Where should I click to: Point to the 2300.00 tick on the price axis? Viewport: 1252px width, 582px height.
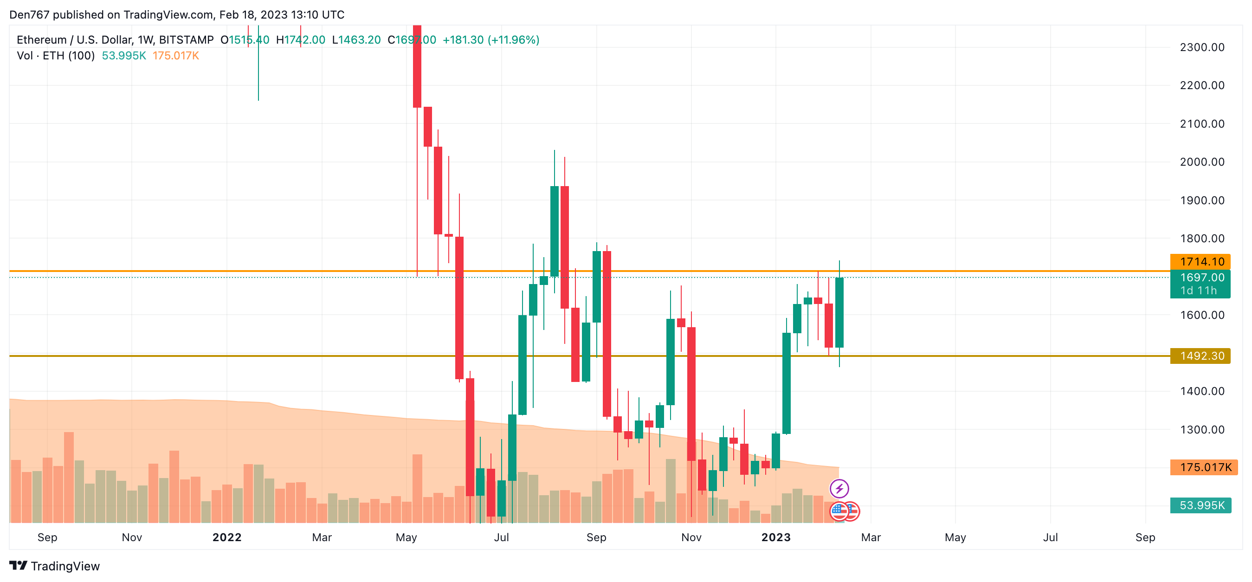pyautogui.click(x=1201, y=47)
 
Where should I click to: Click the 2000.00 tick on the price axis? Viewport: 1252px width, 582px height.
pyautogui.click(x=1201, y=162)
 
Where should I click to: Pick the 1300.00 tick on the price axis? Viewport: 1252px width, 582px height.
pyautogui.click(x=1201, y=430)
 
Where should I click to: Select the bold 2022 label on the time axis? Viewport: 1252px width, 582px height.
pyautogui.click(x=227, y=537)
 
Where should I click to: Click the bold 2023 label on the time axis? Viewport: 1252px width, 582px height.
pyautogui.click(x=776, y=537)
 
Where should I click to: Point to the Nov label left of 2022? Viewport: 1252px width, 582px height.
pyautogui.click(x=132, y=537)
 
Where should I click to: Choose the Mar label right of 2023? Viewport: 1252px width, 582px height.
pyautogui.click(x=871, y=537)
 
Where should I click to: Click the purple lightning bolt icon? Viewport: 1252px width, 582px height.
pyautogui.click(x=839, y=489)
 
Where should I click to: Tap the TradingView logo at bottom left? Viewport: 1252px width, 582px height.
pyautogui.click(x=54, y=566)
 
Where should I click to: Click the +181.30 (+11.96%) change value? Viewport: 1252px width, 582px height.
pyautogui.click(x=490, y=40)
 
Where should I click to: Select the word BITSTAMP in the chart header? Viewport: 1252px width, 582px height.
pyautogui.click(x=186, y=40)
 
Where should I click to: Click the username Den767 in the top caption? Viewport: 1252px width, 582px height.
pyautogui.click(x=29, y=14)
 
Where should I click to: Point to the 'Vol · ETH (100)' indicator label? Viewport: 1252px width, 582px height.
pyautogui.click(x=55, y=55)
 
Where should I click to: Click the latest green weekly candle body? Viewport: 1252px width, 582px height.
pyautogui.click(x=839, y=312)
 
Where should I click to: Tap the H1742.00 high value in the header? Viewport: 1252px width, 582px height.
pyautogui.click(x=300, y=40)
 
